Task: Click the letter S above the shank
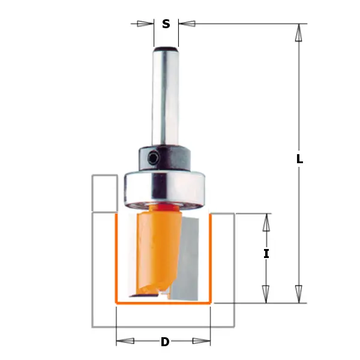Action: [166, 24]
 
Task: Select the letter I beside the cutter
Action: [266, 254]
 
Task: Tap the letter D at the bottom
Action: [164, 343]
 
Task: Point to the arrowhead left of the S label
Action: [145, 24]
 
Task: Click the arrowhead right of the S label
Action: [187, 24]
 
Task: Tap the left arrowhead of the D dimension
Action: [125, 342]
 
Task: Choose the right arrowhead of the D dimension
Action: [202, 342]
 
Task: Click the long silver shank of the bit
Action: [165, 96]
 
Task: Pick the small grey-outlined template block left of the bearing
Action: [104, 193]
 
